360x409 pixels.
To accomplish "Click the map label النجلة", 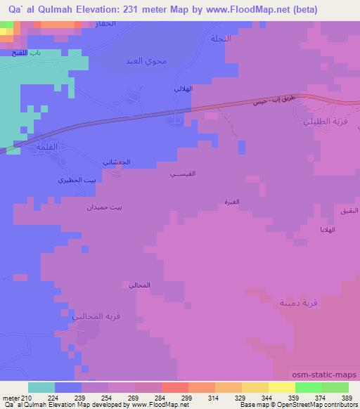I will click(x=220, y=39).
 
